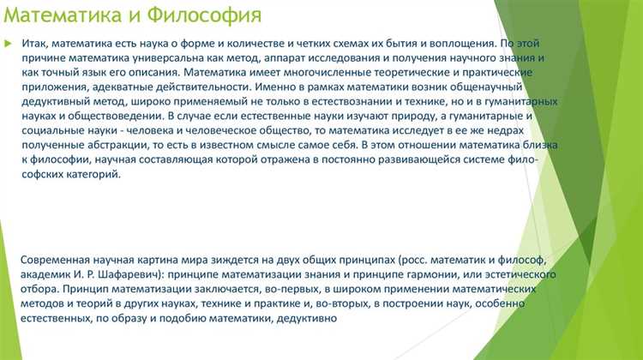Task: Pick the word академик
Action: pos(45,273)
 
